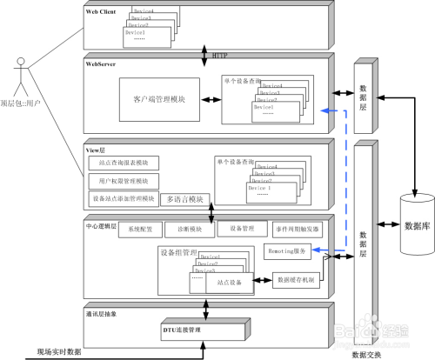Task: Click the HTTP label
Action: point(220,56)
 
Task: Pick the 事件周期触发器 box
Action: point(296,229)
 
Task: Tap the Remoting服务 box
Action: point(285,250)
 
